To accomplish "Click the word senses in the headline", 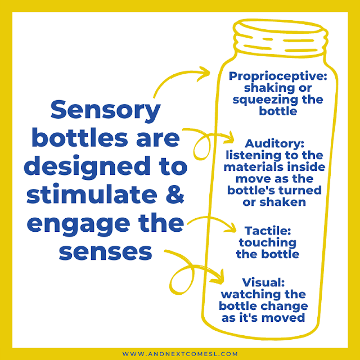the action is tap(106, 251).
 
